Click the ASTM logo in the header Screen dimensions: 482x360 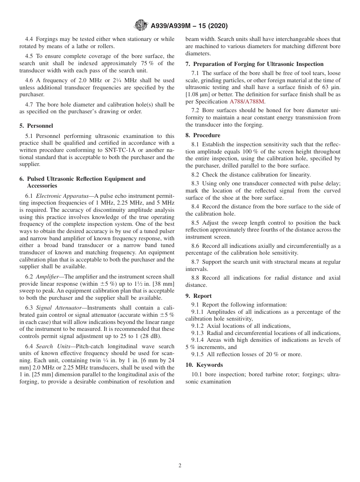click(x=141, y=26)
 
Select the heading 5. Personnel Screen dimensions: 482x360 click(x=36, y=126)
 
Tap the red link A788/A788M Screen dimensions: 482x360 click(x=247, y=102)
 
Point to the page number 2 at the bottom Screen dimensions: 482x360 click(x=180, y=466)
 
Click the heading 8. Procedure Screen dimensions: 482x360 click(x=203, y=135)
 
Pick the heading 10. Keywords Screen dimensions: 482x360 click(x=204, y=365)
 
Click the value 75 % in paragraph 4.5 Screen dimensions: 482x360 click(x=159, y=63)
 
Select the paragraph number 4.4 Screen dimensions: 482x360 click(x=29, y=39)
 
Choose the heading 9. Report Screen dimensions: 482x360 click(x=199, y=296)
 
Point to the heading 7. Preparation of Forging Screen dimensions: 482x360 click(x=254, y=64)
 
